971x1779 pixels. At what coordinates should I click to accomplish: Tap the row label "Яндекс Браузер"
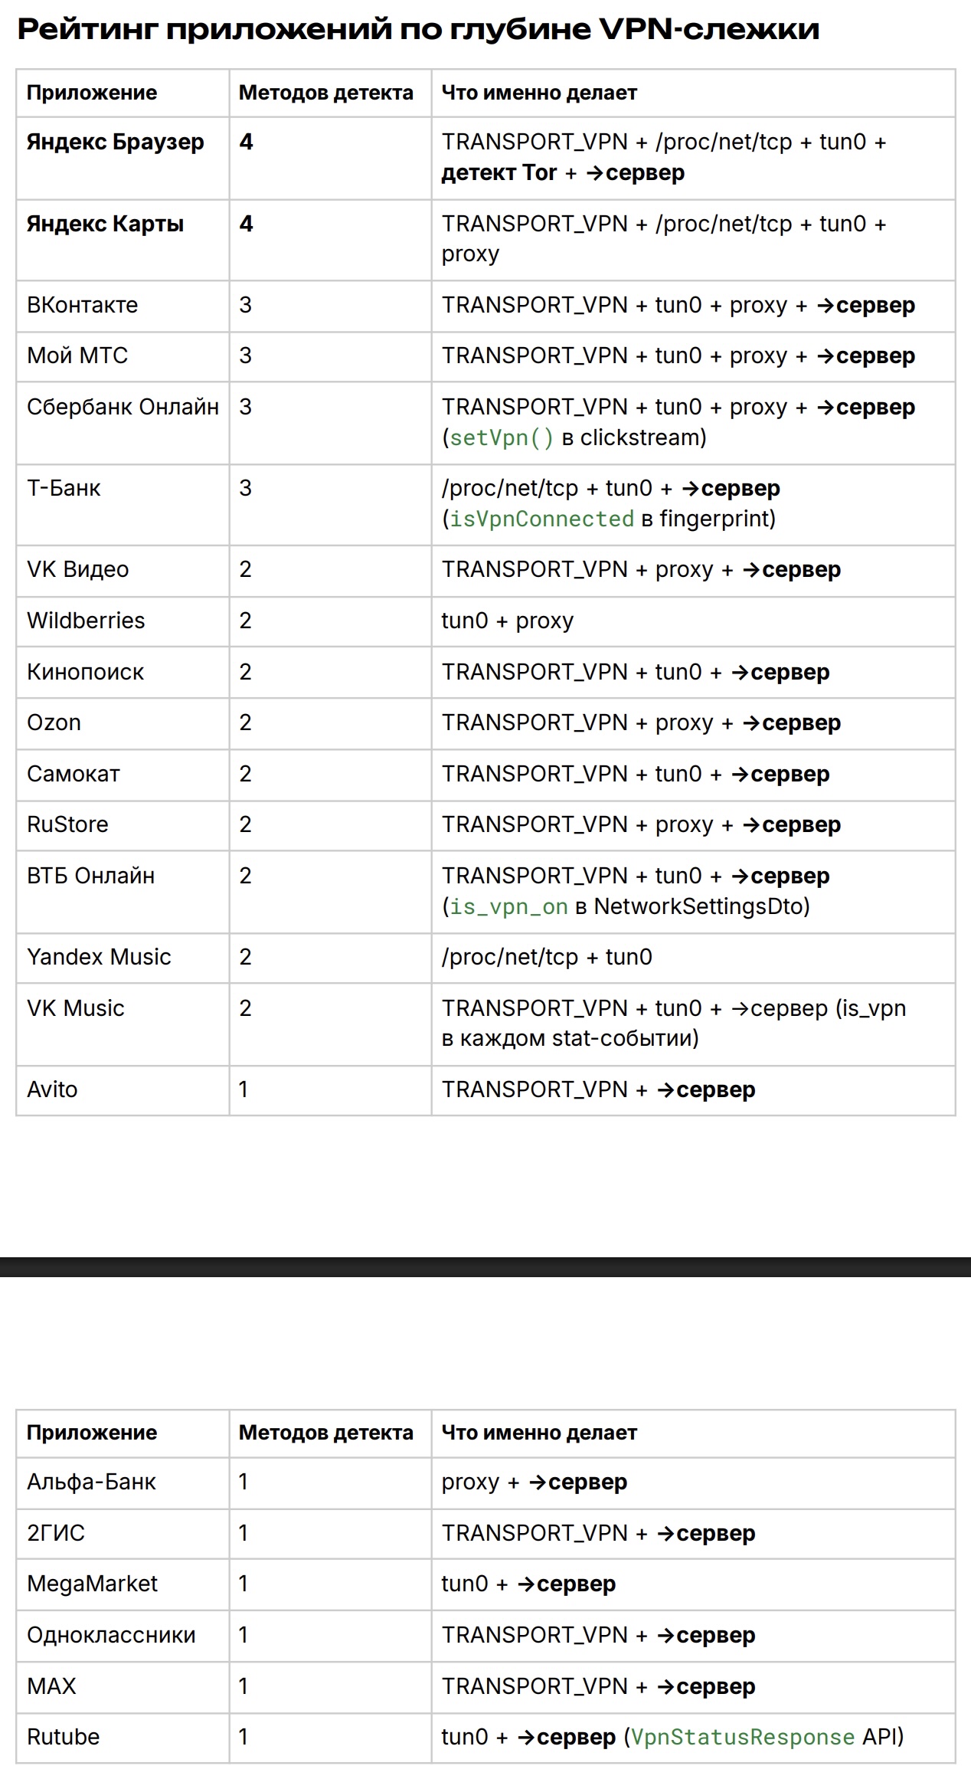116,143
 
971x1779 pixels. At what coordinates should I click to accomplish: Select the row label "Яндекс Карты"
106,224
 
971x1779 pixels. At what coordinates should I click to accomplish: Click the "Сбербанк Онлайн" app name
123,407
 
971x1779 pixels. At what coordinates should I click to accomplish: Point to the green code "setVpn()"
501,437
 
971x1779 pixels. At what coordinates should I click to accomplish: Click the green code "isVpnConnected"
541,519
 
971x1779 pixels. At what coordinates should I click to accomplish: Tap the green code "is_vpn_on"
508,906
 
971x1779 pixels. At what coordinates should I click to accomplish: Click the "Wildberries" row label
86,621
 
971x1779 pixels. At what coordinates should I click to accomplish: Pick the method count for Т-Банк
245,488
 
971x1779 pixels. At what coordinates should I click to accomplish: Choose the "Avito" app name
52,1089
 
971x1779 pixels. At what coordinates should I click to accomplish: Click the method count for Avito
244,1089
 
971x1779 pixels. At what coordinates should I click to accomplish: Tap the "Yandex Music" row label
99,957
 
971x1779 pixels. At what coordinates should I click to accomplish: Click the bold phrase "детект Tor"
499,173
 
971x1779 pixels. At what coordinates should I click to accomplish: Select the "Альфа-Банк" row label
91,1482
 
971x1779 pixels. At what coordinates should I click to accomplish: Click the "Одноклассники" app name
111,1635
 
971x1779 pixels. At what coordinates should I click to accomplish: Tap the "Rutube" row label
63,1737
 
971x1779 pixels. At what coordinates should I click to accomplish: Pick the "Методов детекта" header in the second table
325,1433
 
